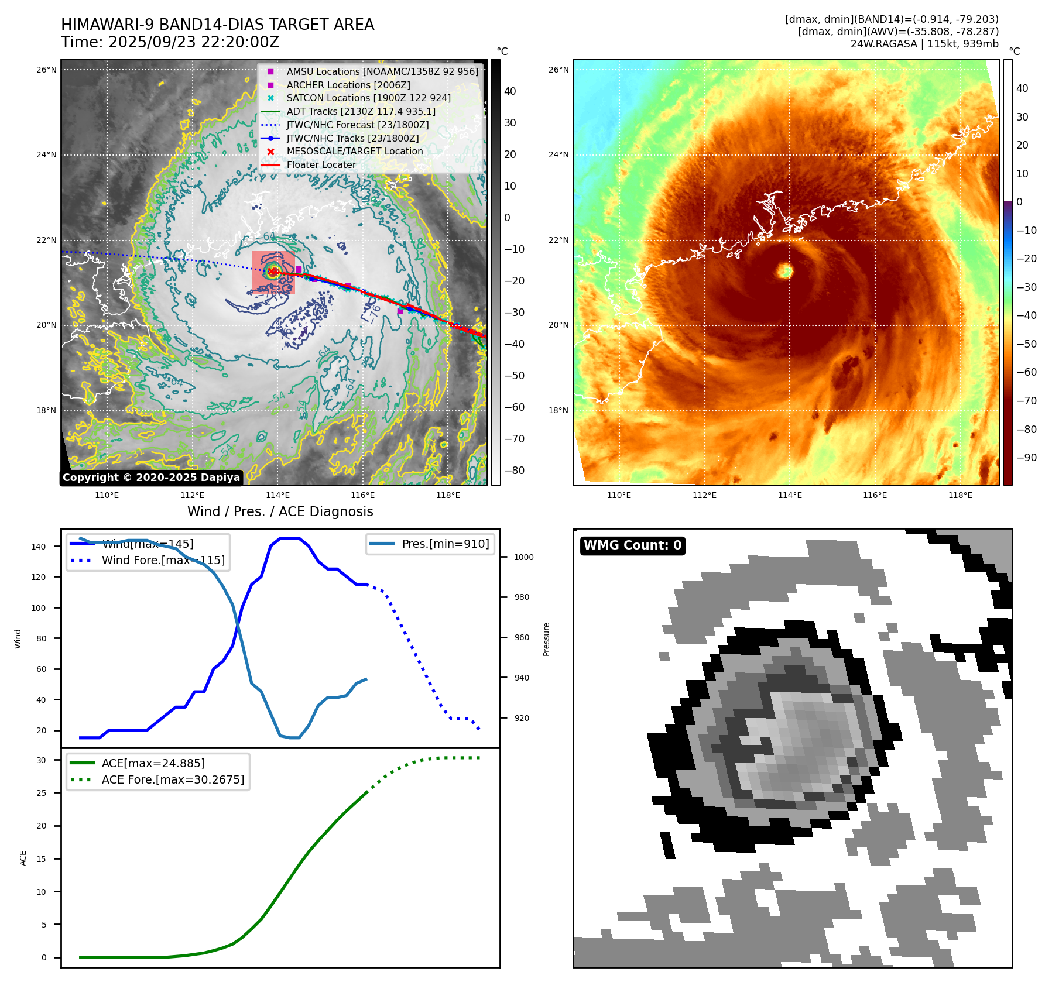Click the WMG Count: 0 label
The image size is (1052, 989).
[x=632, y=545]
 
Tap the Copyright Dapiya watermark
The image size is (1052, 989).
[x=151, y=478]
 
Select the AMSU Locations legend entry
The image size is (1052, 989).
[x=382, y=71]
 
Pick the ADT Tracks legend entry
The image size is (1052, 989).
[x=361, y=111]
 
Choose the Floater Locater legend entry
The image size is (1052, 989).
[x=321, y=165]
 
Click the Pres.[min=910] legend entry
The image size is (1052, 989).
[x=445, y=544]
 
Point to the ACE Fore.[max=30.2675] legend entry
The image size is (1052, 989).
[x=173, y=779]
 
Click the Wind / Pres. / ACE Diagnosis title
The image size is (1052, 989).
[x=280, y=511]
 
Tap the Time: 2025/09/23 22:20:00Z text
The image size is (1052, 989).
[x=170, y=43]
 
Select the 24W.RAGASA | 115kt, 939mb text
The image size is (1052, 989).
[x=924, y=44]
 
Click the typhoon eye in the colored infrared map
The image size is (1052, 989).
[x=784, y=270]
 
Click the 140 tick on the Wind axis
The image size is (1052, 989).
[x=39, y=547]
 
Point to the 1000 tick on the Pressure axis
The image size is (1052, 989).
[x=524, y=557]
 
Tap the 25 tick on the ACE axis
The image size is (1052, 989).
[x=41, y=793]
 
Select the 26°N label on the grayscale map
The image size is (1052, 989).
[x=46, y=70]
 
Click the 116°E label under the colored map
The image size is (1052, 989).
[x=875, y=495]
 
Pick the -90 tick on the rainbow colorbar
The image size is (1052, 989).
[x=1026, y=458]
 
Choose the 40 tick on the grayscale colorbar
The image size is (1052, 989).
[x=510, y=91]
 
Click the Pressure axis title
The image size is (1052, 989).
[x=546, y=639]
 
